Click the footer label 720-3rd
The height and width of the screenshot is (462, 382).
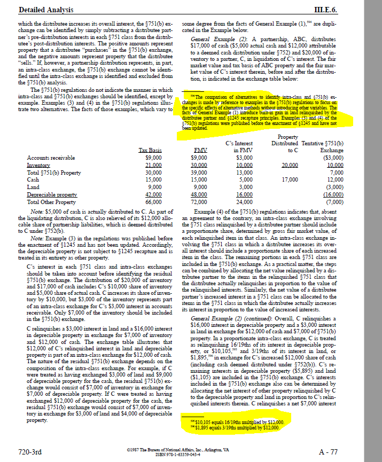pyautogui.click(x=30, y=452)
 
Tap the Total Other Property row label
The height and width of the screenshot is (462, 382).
pyautogui.click(x=51, y=202)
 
